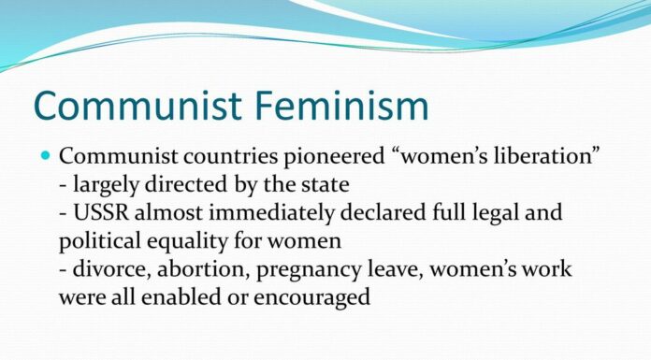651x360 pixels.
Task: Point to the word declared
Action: click(x=383, y=211)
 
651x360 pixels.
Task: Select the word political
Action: click(x=96, y=239)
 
